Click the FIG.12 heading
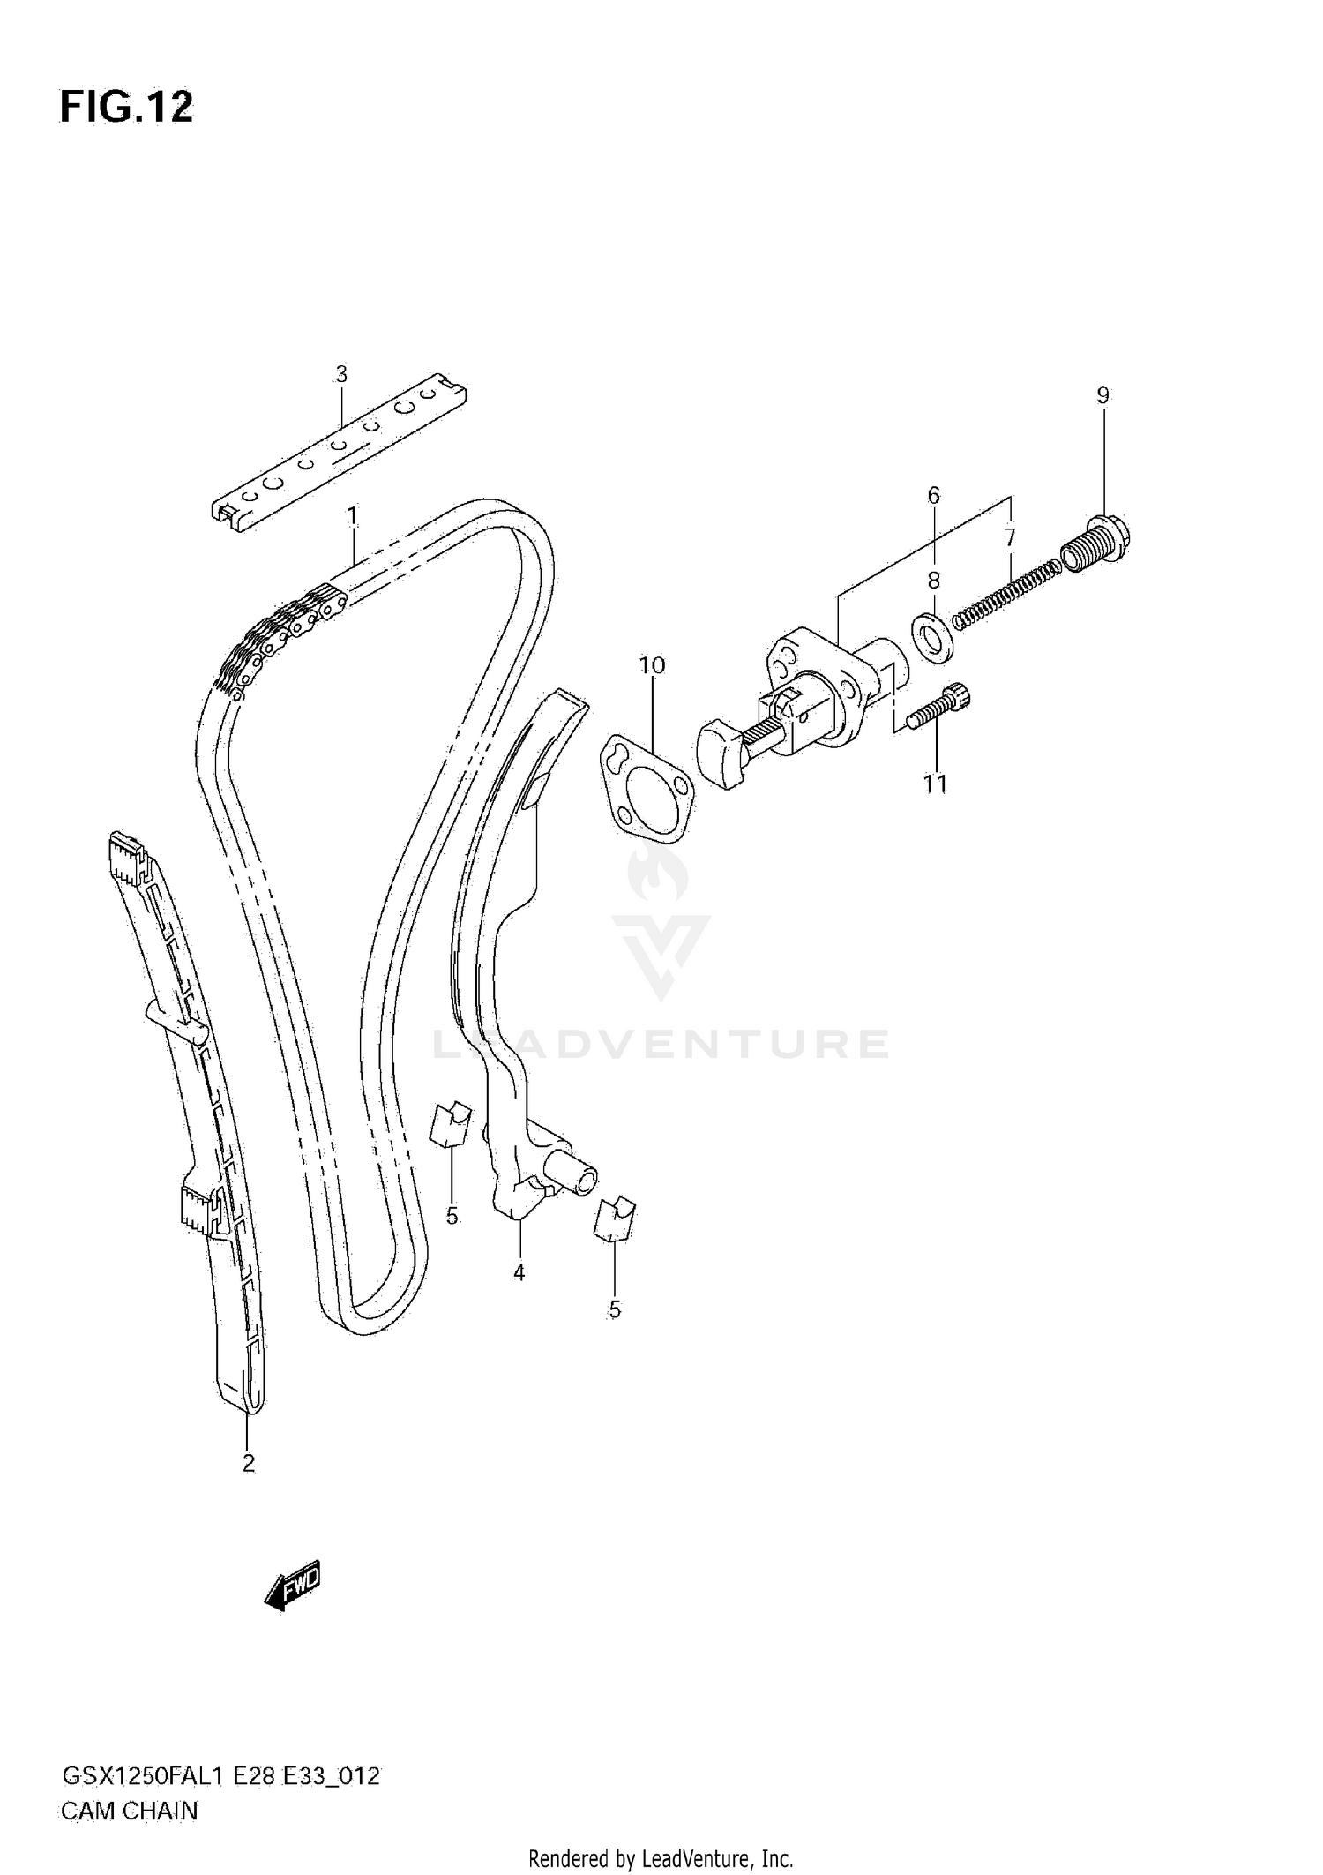pos(126,107)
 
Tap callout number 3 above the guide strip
pos(341,374)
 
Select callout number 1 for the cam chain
pos(352,515)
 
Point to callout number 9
pos(1102,395)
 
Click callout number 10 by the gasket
pos(652,665)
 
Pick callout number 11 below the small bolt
pos(935,784)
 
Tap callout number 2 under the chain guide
pos(249,1463)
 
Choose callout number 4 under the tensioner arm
pos(519,1272)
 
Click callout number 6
pos(934,496)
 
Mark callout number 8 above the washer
pos(933,580)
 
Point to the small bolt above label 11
pos(942,706)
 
